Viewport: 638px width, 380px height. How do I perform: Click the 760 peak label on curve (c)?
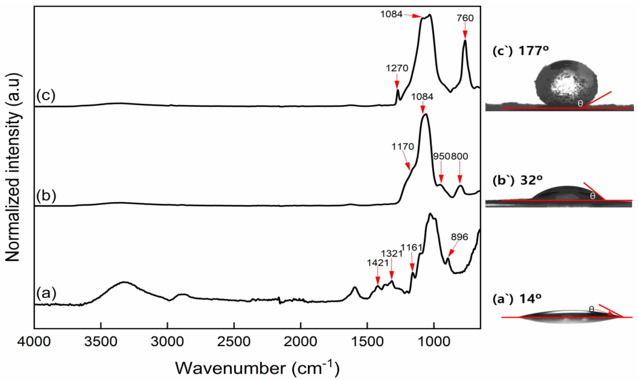tap(465, 18)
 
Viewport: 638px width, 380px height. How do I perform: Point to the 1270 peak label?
tap(397, 68)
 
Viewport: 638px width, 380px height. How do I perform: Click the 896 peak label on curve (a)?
tap(460, 237)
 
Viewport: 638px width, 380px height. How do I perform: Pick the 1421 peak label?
tap(377, 263)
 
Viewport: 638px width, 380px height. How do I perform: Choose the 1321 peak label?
tap(392, 253)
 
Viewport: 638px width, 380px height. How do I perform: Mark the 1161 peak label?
tap(411, 247)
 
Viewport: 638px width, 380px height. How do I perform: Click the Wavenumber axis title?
tap(257, 368)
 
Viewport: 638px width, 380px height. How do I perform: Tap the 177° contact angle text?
tap(534, 51)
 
